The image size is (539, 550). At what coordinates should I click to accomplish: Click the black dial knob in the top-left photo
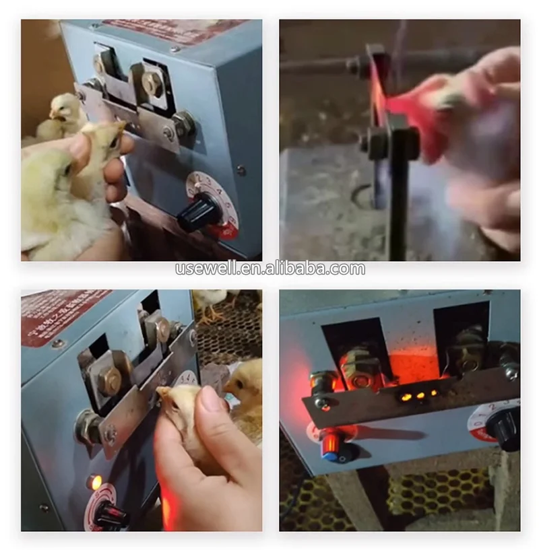coord(199,215)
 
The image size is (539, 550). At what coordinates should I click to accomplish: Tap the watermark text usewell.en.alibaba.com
coord(269,269)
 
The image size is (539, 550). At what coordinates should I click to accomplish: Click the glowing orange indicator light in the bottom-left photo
coord(96,482)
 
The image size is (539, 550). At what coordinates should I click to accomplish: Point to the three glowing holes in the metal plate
coord(416,397)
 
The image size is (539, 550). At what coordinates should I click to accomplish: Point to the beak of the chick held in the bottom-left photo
coord(162,391)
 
